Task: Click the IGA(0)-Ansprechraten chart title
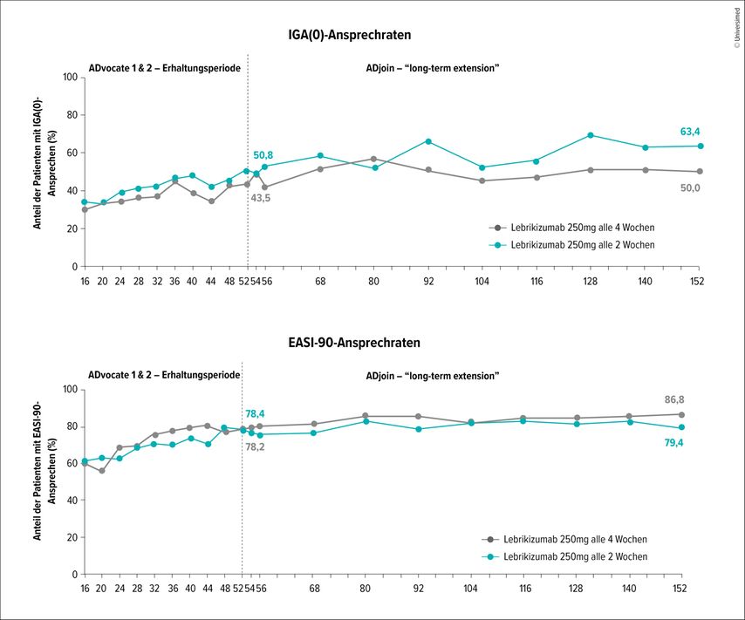point(350,35)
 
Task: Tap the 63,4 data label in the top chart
point(691,133)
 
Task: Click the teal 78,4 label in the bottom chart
point(255,413)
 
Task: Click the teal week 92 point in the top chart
point(428,141)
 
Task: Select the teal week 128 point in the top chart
point(591,135)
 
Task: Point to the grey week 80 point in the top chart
point(374,159)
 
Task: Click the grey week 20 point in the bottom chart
point(102,471)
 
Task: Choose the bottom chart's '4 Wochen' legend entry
point(574,539)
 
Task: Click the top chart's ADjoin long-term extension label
point(431,67)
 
